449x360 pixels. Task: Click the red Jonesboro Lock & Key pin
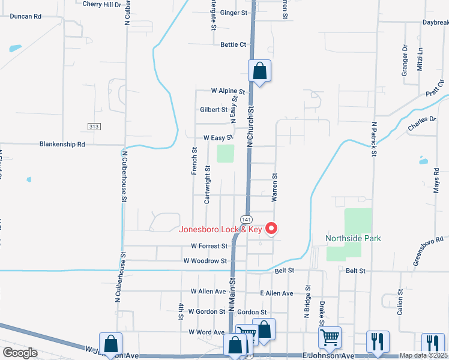point(271,228)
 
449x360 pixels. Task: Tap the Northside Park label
point(353,238)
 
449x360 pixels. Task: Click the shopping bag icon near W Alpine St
point(259,71)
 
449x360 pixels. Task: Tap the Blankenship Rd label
point(62,144)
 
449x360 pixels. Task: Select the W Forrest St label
point(209,246)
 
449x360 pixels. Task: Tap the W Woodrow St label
point(205,261)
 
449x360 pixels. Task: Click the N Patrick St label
point(373,140)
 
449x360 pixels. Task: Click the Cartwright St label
point(208,185)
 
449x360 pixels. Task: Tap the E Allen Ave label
point(276,293)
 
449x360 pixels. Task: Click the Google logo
point(20,353)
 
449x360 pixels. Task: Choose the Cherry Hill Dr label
point(101,4)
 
